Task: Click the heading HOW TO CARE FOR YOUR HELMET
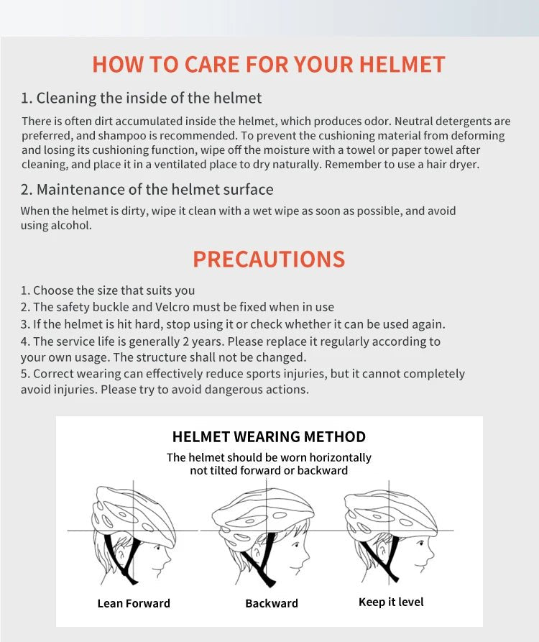click(269, 64)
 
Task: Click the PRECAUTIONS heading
click(269, 259)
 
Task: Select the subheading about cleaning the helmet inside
click(141, 98)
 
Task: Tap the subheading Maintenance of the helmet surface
click(147, 190)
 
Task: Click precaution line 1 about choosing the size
click(108, 290)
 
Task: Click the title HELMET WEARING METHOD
click(269, 436)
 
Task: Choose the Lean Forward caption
click(134, 603)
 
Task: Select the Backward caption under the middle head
click(272, 603)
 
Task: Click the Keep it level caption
click(391, 602)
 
